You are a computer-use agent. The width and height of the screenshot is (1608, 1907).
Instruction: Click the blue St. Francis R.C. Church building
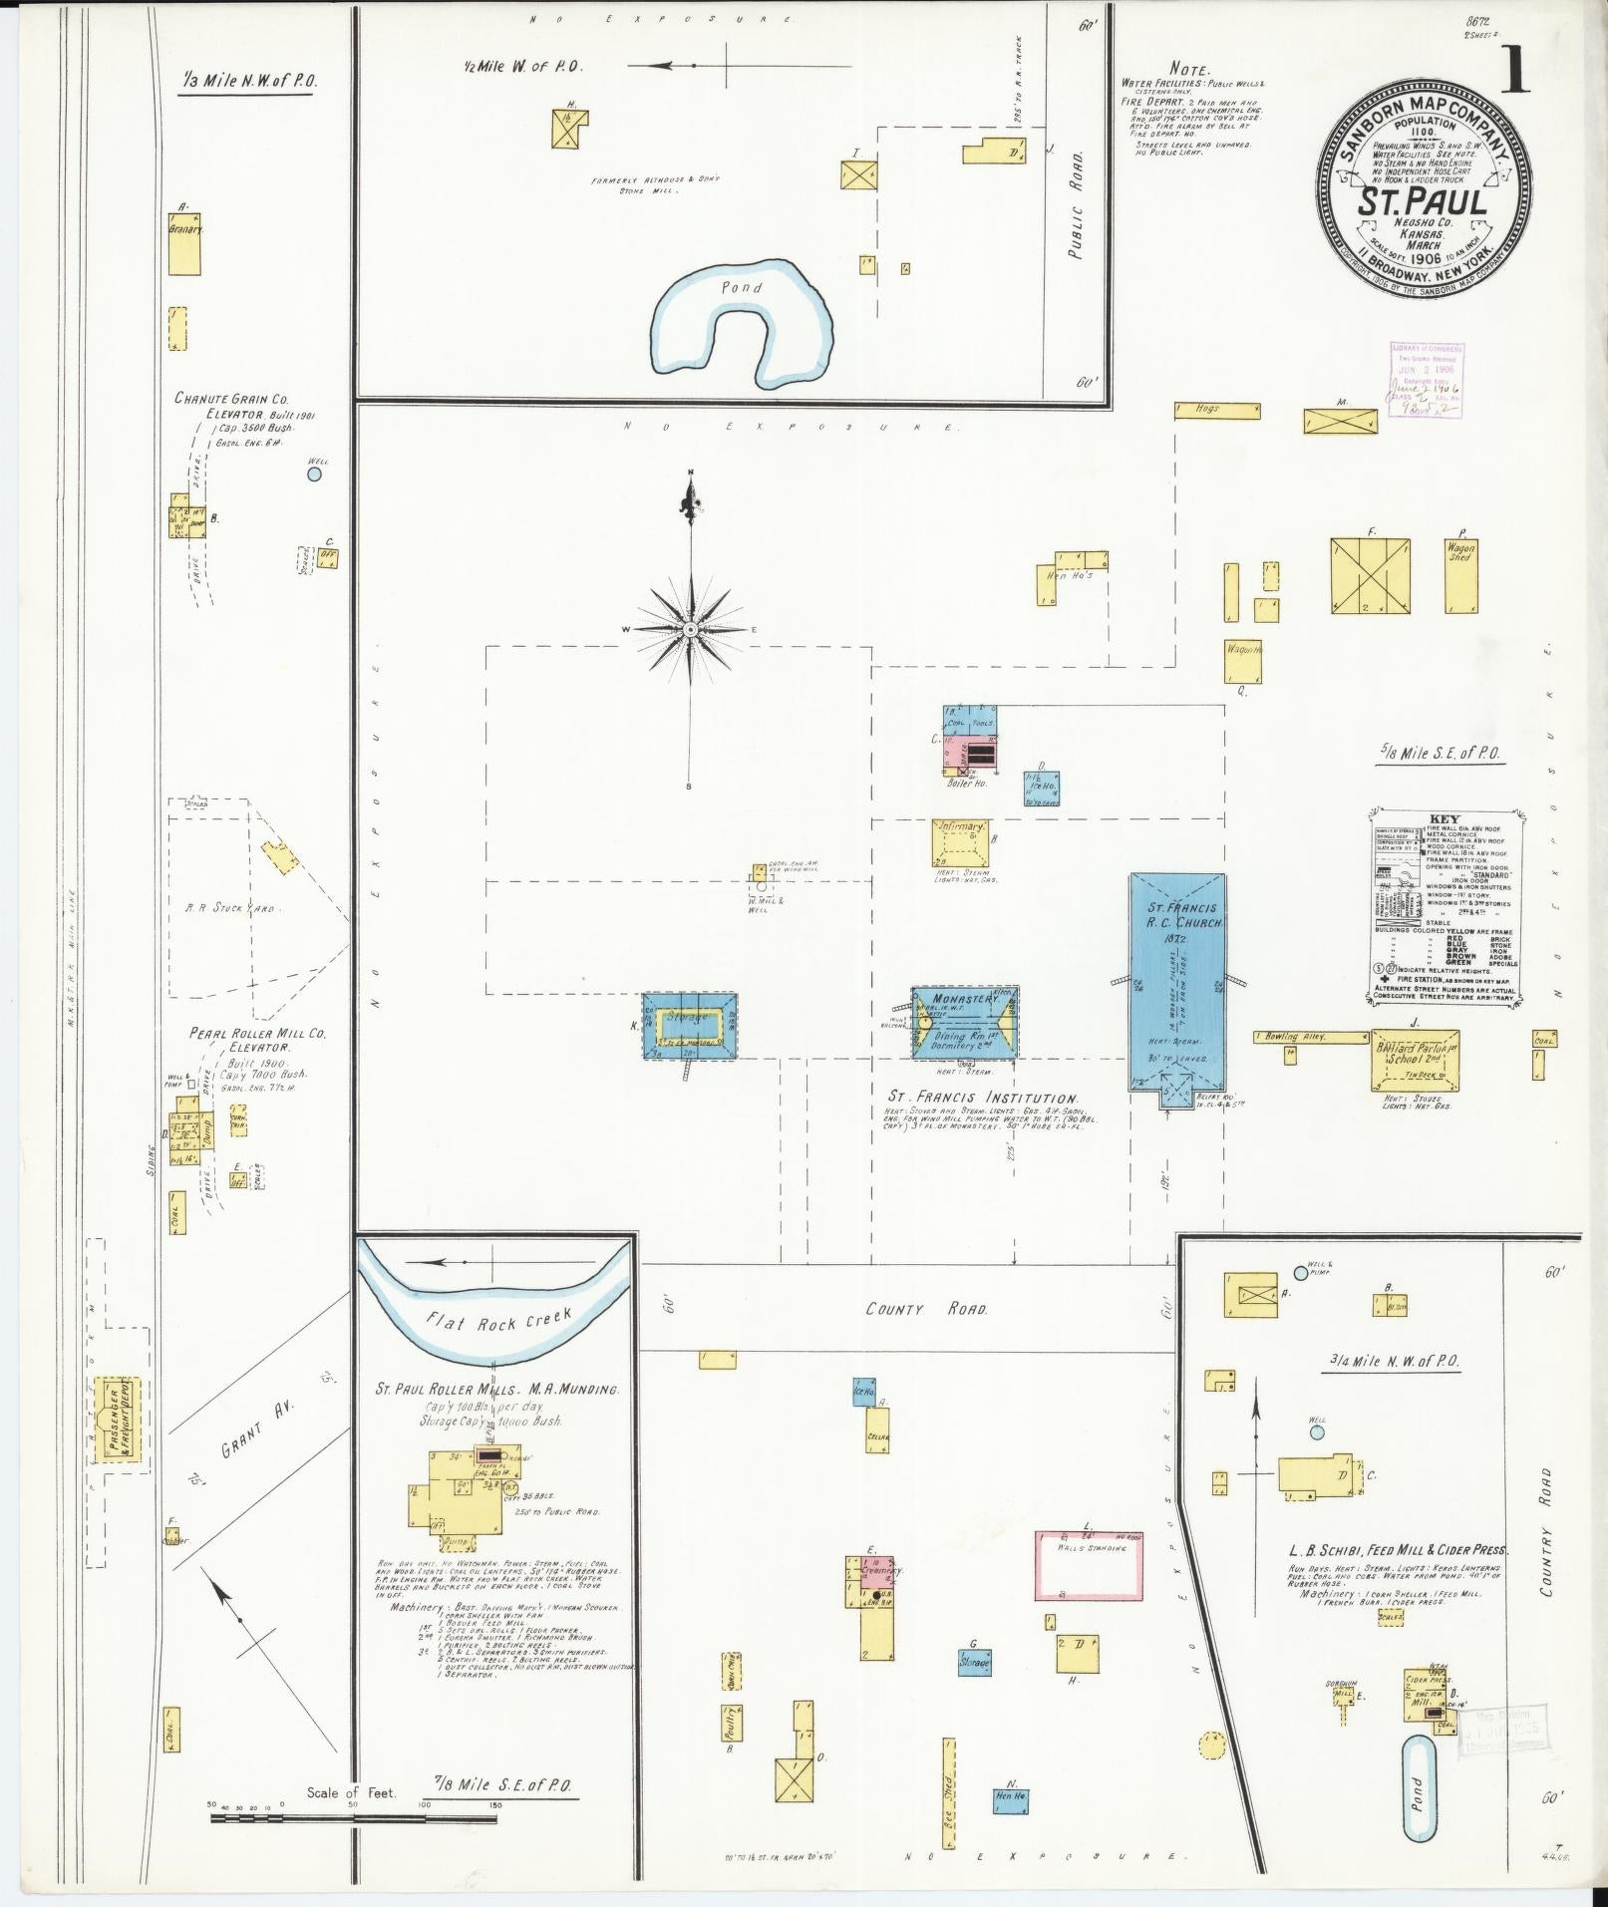point(1176,982)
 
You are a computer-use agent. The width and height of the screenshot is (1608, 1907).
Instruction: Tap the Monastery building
point(965,1023)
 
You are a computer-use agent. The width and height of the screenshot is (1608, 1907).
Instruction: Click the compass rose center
point(690,630)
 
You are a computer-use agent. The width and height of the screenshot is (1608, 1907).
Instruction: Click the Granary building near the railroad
point(185,241)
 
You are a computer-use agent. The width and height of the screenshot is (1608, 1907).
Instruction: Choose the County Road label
point(926,1309)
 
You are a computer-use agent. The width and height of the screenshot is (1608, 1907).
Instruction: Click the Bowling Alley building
point(1309,1038)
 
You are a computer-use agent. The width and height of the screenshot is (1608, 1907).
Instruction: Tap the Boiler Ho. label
point(964,783)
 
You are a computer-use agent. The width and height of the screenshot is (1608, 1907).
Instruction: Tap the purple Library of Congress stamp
point(1426,380)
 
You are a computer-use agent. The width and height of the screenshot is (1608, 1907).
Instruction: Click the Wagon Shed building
point(1460,575)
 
